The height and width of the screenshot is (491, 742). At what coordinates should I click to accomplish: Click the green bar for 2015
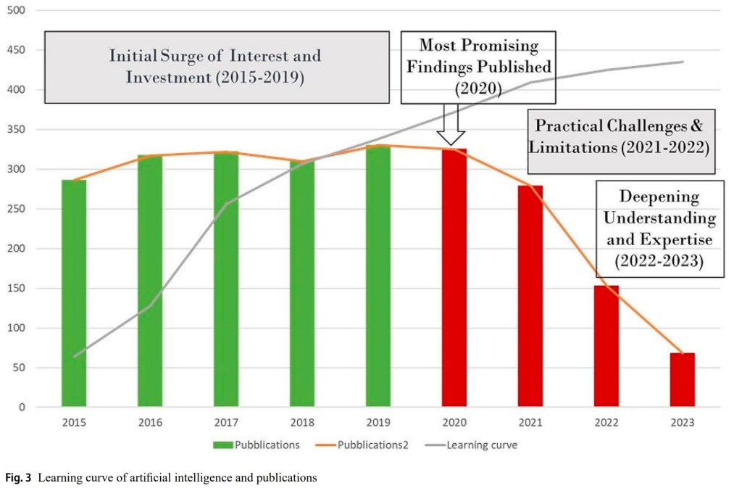click(x=74, y=293)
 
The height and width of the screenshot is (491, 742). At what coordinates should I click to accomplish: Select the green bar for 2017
click(x=226, y=279)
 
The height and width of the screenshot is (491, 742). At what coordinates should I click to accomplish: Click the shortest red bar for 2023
click(x=682, y=380)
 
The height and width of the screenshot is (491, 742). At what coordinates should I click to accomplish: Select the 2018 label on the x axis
click(x=302, y=422)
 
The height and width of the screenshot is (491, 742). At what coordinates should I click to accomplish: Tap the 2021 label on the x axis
click(x=530, y=422)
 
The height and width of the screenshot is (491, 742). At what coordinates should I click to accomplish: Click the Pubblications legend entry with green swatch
click(x=258, y=445)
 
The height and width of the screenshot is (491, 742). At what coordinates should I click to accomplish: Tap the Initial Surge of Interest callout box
click(x=214, y=66)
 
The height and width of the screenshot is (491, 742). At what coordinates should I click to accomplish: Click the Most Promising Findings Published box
click(x=478, y=67)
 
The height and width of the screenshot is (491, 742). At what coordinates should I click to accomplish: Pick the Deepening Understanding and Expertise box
click(x=659, y=229)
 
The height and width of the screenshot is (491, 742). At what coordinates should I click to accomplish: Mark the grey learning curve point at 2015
click(x=74, y=356)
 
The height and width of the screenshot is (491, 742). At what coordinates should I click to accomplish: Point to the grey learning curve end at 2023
click(x=682, y=62)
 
